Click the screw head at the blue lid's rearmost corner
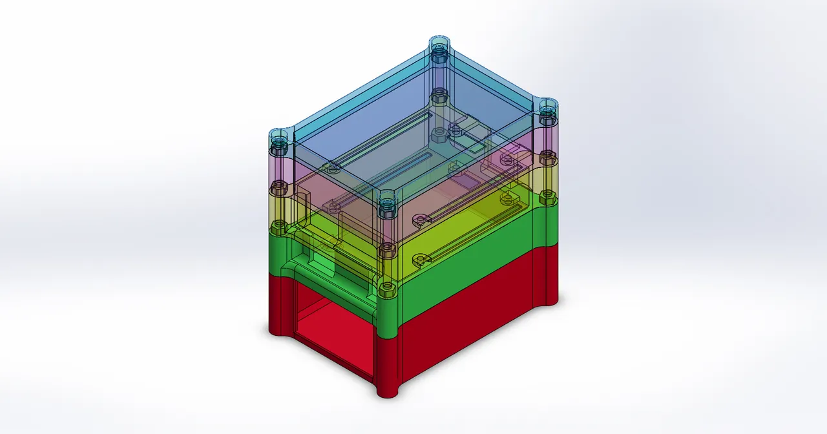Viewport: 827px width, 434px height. (x=439, y=49)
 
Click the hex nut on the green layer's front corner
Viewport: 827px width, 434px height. (x=387, y=287)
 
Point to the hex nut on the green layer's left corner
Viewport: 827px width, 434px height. (x=278, y=227)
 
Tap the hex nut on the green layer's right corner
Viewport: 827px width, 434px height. (x=547, y=196)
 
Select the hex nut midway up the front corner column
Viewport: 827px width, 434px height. (x=386, y=247)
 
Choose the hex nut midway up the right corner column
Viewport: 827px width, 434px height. (x=547, y=156)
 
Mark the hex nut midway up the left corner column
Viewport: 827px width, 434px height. (x=278, y=187)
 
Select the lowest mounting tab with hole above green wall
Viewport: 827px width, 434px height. (x=419, y=259)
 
